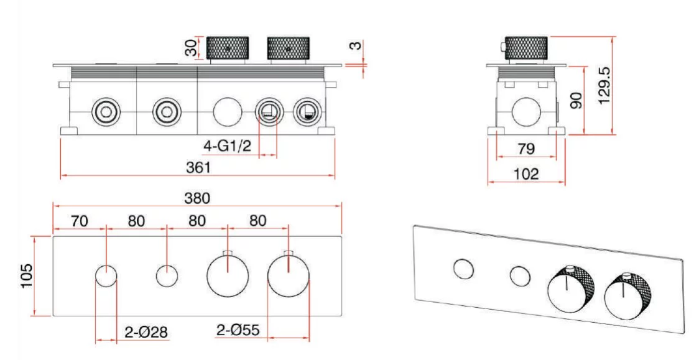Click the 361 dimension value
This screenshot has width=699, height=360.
(199, 168)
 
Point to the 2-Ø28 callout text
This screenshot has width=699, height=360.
(146, 331)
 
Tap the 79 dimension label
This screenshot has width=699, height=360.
(527, 149)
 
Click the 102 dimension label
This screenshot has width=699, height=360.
(527, 175)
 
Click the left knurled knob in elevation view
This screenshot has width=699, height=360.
(228, 47)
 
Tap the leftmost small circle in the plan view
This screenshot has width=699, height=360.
(106, 275)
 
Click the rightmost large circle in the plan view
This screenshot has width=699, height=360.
(288, 274)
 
